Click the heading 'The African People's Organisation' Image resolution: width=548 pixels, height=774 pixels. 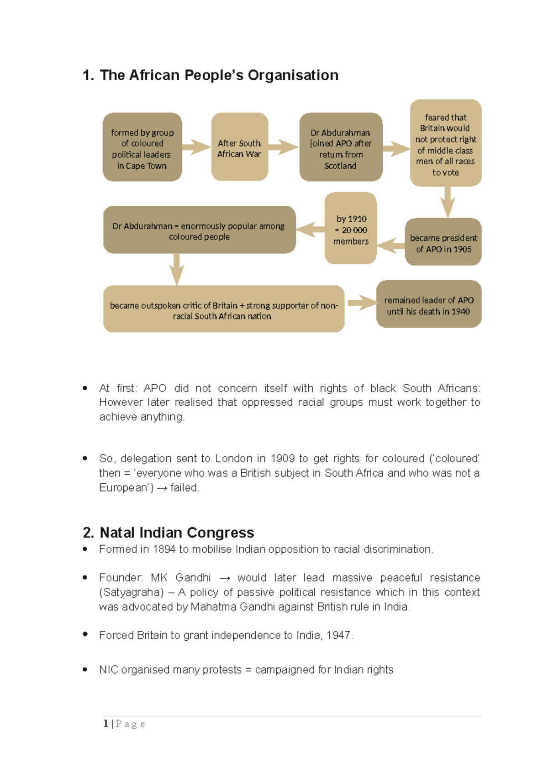point(211,75)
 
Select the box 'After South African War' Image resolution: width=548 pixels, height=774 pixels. point(239,147)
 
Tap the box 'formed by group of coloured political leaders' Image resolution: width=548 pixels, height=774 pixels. point(142,147)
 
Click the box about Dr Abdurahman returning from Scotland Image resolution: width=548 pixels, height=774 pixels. point(341,147)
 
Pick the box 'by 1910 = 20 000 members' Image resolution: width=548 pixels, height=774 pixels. point(351,228)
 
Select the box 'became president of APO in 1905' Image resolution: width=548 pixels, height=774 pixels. point(443,242)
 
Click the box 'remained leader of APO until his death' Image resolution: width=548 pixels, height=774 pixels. point(428,304)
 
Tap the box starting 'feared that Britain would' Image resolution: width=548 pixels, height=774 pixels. point(446,143)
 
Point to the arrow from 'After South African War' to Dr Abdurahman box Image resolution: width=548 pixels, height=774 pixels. point(284,147)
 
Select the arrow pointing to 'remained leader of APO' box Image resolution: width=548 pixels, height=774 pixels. point(361,303)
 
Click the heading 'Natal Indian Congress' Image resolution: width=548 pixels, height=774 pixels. point(169,533)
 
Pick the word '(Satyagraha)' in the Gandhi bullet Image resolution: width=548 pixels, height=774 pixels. point(131,592)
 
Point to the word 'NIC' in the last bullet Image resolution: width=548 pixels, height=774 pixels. point(108,669)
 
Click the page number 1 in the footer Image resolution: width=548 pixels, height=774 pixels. point(106,724)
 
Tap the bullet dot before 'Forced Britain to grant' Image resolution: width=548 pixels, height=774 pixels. point(85,634)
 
